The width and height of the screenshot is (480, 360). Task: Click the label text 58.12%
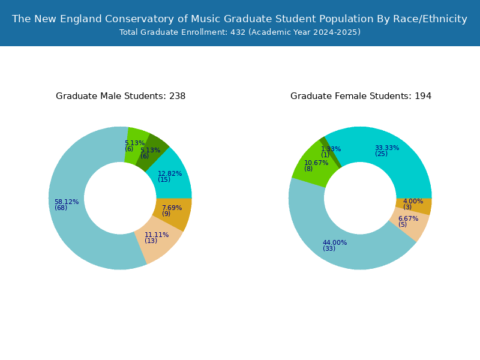(67, 202)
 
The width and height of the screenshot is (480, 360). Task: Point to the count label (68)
(61, 208)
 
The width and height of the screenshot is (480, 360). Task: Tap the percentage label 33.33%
(387, 148)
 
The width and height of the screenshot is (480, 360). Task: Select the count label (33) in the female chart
(329, 248)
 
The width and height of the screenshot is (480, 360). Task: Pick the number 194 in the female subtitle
(423, 96)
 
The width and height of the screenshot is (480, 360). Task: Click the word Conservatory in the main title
(140, 19)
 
